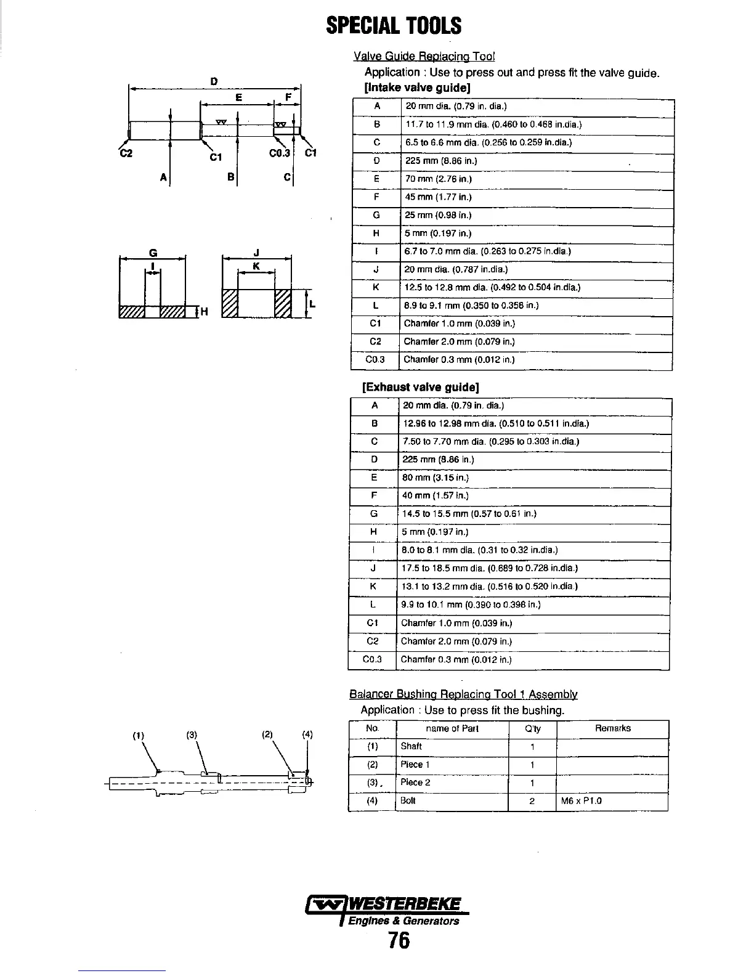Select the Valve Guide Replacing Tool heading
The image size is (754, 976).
coord(424,57)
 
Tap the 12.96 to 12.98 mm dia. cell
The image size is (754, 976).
coord(495,424)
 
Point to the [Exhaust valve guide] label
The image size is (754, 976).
coord(421,387)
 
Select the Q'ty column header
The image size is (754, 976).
coord(532,729)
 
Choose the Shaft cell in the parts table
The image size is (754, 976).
coord(411,747)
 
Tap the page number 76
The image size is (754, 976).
coord(399,941)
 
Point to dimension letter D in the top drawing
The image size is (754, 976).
coord(213,81)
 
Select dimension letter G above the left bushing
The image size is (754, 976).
coord(152,251)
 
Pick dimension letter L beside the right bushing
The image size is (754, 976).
coord(312,303)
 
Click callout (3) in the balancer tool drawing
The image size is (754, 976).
coord(192,734)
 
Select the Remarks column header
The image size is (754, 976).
coord(612,729)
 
